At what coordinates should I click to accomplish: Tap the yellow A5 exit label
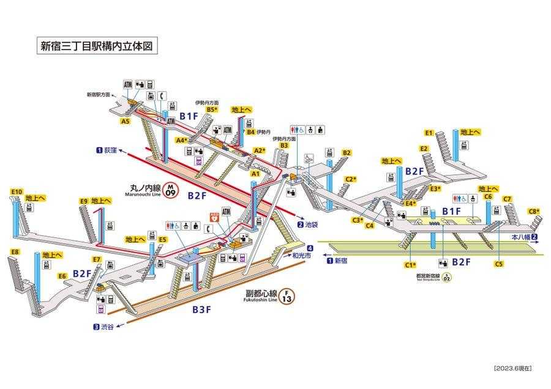tap(125, 122)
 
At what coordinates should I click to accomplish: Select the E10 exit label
tap(17, 192)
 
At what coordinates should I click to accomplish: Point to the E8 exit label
tap(15, 252)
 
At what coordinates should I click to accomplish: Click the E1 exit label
tap(429, 133)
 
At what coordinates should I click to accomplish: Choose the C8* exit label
tap(534, 212)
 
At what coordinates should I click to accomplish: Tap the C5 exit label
tap(499, 264)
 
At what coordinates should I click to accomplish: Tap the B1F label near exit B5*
tap(189, 116)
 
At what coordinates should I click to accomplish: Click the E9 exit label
tap(84, 201)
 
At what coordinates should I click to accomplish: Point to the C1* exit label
tap(410, 265)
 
